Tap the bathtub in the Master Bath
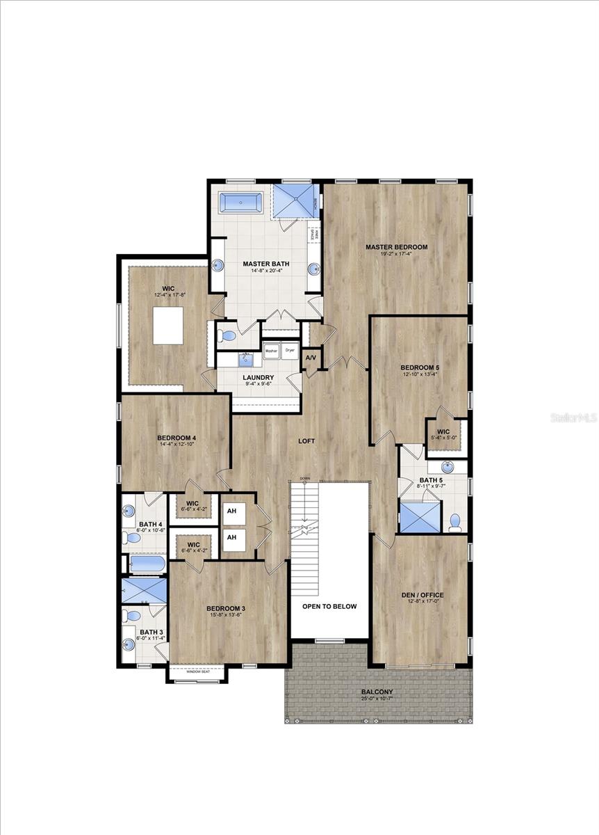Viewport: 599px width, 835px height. pos(240,202)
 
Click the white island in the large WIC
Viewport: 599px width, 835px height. pos(168,326)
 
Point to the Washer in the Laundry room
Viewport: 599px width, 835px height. pos(270,351)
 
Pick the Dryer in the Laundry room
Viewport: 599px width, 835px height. pos(290,351)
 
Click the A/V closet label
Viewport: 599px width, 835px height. pos(311,358)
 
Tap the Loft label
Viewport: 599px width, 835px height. pos(307,440)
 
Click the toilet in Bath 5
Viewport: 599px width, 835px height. pos(455,521)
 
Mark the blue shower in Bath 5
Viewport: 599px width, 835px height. pos(420,518)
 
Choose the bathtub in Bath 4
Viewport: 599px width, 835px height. pos(147,563)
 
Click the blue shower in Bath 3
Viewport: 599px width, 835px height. pos(145,591)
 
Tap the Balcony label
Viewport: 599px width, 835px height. pos(377,692)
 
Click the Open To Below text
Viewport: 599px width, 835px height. pos(329,606)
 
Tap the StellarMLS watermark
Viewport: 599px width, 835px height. pos(574,417)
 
